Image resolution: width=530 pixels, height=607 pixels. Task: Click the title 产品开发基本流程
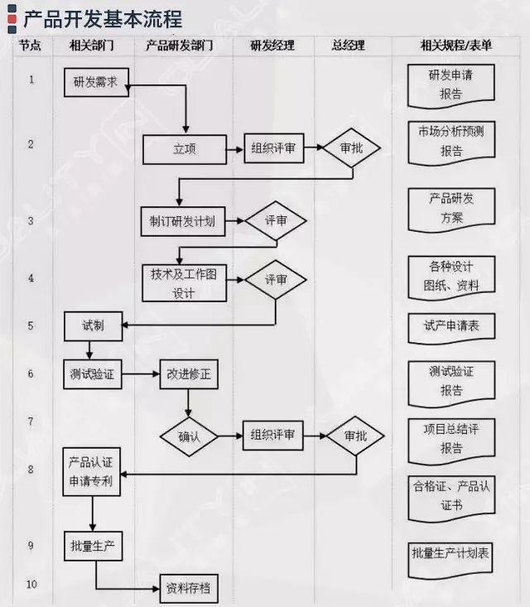pos(103,17)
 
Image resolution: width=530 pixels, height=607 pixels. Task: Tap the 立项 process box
pos(184,150)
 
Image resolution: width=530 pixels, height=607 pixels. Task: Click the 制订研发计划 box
pos(183,221)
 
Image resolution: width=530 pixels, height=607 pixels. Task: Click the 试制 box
pos(94,325)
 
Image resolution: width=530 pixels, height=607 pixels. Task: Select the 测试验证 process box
pos(93,373)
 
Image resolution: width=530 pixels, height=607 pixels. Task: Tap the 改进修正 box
pos(190,373)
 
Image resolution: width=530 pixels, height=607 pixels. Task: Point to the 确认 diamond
pos(190,436)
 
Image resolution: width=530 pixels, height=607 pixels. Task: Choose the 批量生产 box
pos(93,547)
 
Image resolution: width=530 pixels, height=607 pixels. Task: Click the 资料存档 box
pos(190,589)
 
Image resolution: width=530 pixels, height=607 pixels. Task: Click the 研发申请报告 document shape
pos(451,84)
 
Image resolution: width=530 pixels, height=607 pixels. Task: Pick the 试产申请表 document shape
pos(451,326)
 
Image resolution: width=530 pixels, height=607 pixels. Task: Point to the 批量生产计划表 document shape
pos(451,552)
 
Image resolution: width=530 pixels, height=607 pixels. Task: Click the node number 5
pos(31,325)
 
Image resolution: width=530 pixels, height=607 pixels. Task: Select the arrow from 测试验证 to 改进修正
pos(141,373)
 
